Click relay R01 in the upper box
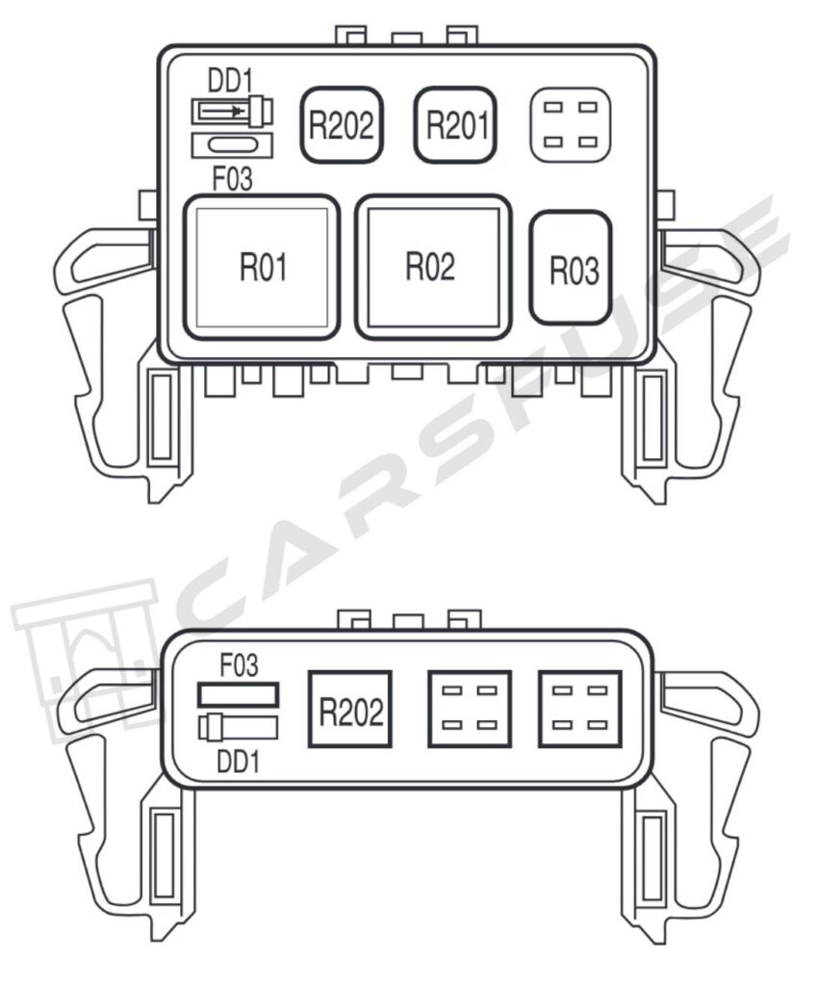tap(262, 267)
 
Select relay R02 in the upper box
tap(434, 267)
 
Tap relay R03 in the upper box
tap(571, 268)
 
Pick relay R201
tap(455, 125)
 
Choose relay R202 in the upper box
tap(342, 125)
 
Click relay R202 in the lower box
tap(350, 709)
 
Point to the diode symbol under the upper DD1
tap(232, 112)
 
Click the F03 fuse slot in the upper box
tap(232, 145)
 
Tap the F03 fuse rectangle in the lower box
tap(239, 695)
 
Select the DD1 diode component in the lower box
tap(239, 728)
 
